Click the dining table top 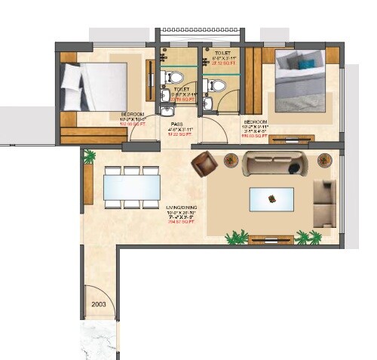[132, 186]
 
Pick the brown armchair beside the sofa [204, 162]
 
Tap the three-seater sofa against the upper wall [274, 163]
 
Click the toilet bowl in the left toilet [174, 78]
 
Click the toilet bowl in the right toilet [214, 85]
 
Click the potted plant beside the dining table [90, 156]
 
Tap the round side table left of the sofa [231, 159]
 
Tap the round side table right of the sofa [324, 159]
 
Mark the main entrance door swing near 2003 [95, 291]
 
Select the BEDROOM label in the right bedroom [255, 121]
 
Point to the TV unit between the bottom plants [271, 240]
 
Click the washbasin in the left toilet [166, 97]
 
